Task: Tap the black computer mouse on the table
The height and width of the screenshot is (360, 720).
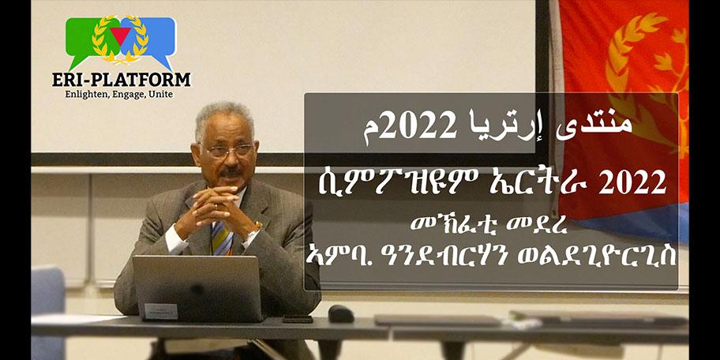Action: coord(340,313)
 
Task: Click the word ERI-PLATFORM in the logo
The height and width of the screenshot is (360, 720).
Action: coord(122,80)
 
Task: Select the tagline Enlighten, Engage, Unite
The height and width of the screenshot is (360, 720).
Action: coord(119,95)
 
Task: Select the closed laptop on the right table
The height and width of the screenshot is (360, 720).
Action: coord(426,320)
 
